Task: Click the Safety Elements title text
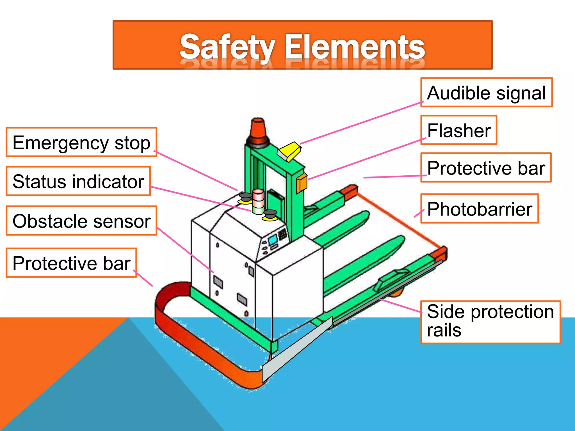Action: pyautogui.click(x=302, y=46)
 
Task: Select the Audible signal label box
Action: pyautogui.click(x=486, y=93)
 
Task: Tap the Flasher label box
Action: pyautogui.click(x=458, y=130)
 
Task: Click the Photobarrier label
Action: pyautogui.click(x=479, y=209)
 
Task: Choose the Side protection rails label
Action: pyautogui.click(x=490, y=322)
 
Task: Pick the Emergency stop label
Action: pyautogui.click(x=81, y=142)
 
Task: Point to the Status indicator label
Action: pyautogui.click(x=78, y=181)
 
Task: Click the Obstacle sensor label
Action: pyautogui.click(x=81, y=221)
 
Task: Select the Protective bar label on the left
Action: pyautogui.click(x=71, y=263)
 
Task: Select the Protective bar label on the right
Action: pyautogui.click(x=486, y=168)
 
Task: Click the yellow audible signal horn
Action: pyautogui.click(x=289, y=151)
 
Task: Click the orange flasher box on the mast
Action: pyautogui.click(x=302, y=183)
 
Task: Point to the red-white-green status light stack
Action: pyautogui.click(x=258, y=202)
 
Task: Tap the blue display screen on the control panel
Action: pyautogui.click(x=273, y=240)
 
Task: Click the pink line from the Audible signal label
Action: pyautogui.click(x=362, y=123)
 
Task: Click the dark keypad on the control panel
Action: pyautogui.click(x=282, y=233)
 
